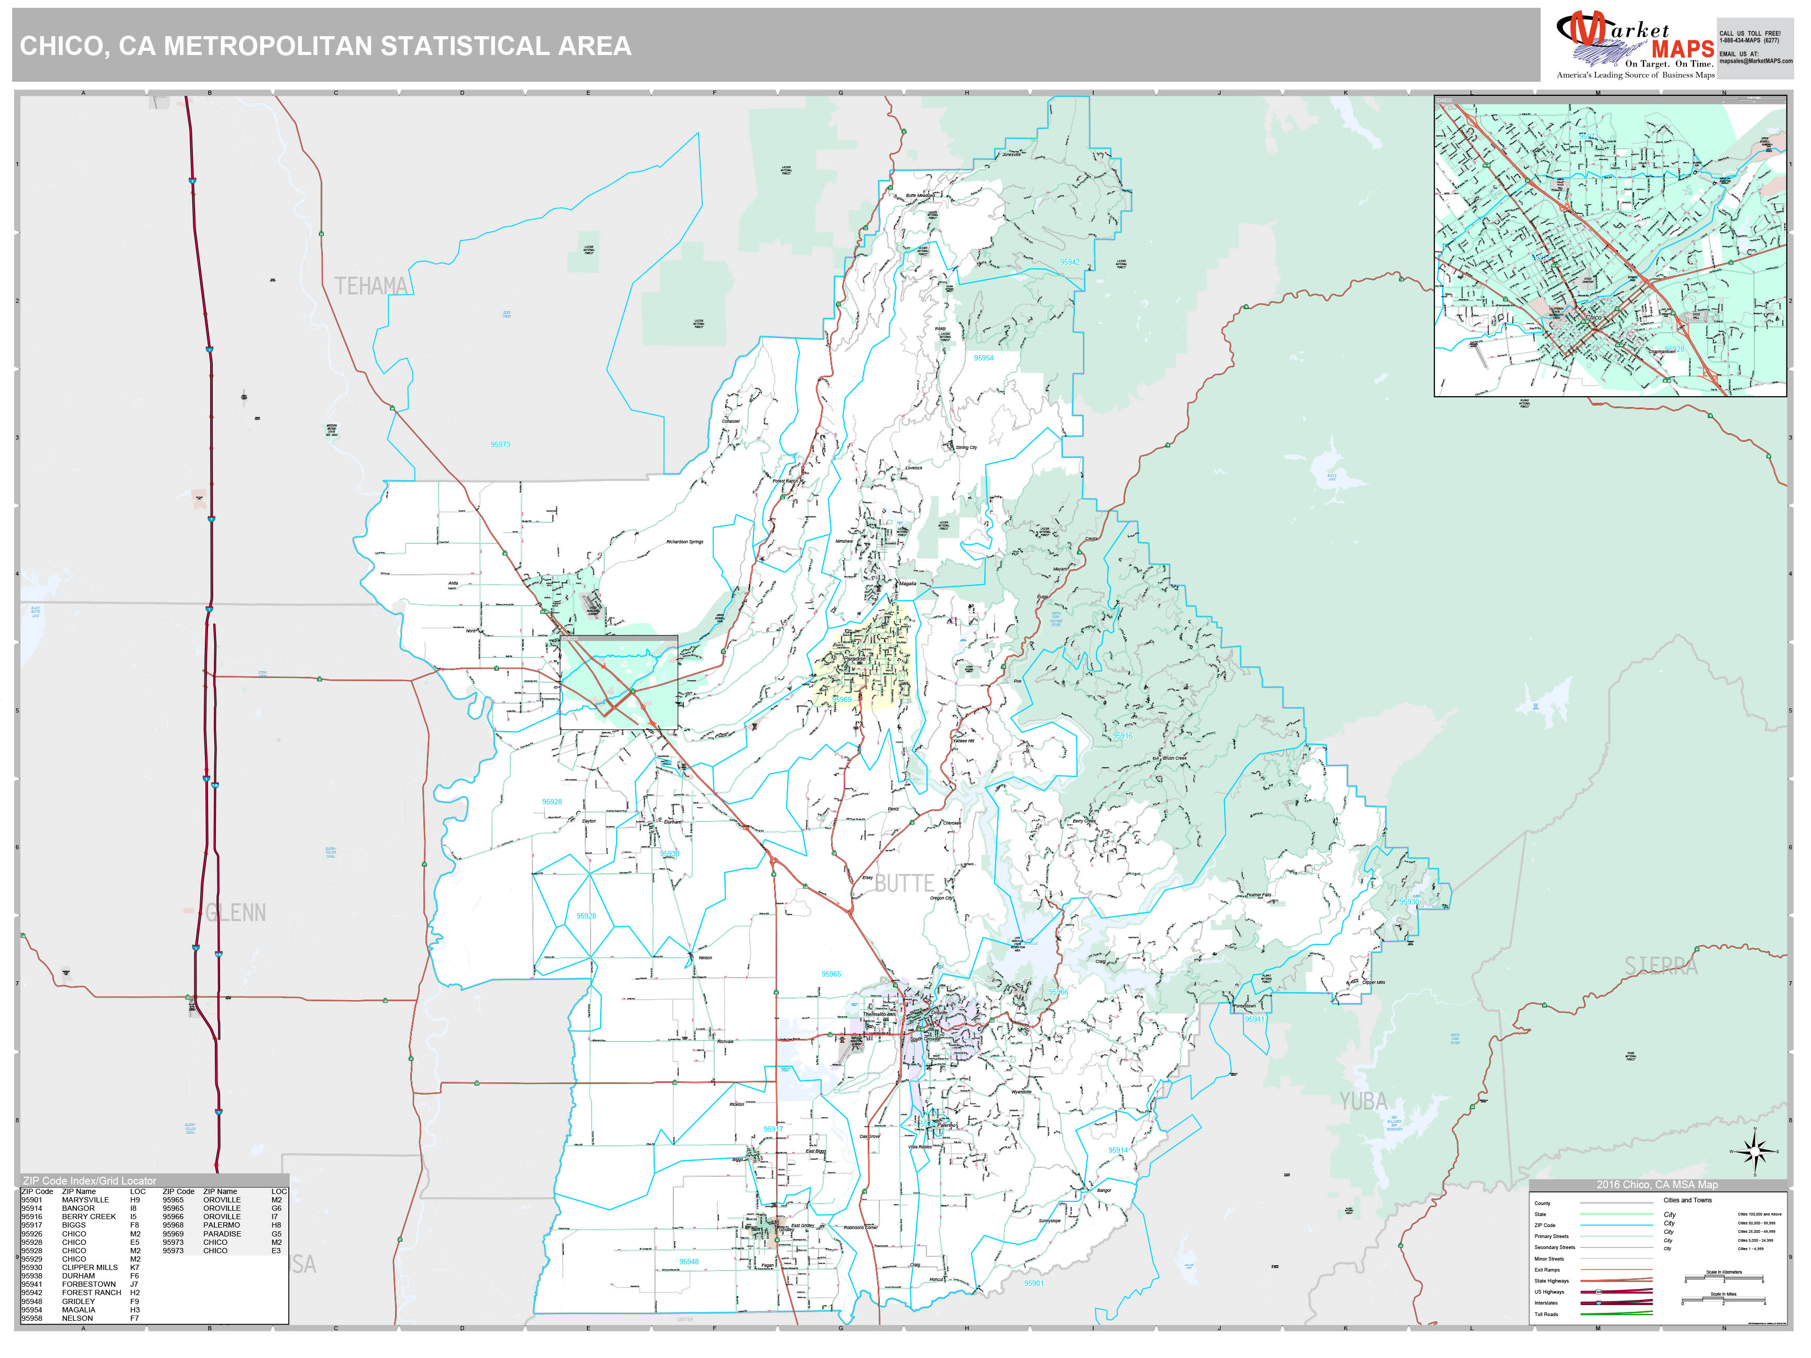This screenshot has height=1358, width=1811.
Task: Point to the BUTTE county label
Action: coord(904,884)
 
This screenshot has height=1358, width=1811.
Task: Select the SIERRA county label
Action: coord(1661,967)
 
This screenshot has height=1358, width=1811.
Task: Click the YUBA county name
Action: coord(1363,1102)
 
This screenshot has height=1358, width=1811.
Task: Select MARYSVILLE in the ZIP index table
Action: coord(85,1200)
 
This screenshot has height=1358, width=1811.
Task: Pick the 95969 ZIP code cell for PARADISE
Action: coord(173,1234)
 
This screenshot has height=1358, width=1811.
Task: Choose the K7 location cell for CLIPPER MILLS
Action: coord(134,1267)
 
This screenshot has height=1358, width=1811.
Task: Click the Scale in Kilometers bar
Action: coord(1723,1279)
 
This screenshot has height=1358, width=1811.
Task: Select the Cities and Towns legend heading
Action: coord(1687,1200)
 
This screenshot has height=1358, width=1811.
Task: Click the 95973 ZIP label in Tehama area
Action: coord(500,444)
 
